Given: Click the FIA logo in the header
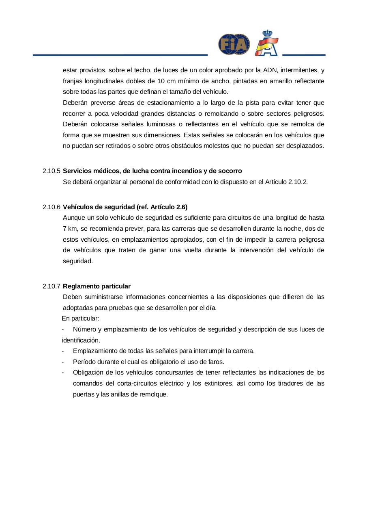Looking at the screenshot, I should pos(234,44).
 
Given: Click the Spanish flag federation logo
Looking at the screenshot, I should pos(266,43).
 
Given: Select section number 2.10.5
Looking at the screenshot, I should pos(51,171).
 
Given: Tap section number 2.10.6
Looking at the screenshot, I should pos(51,207).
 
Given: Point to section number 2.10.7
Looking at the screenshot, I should pos(51,286).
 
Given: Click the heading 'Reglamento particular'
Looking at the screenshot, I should pos(97,286).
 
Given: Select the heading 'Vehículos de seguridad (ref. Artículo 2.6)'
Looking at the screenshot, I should pos(125,207).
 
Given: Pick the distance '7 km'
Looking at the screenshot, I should pos(70,229).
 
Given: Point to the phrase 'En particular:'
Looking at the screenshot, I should pos(80,318).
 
